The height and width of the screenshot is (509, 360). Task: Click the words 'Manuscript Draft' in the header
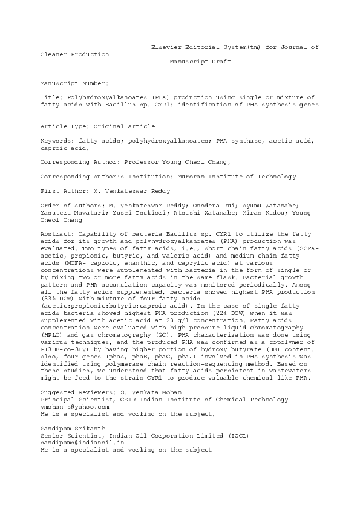(x=200, y=62)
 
